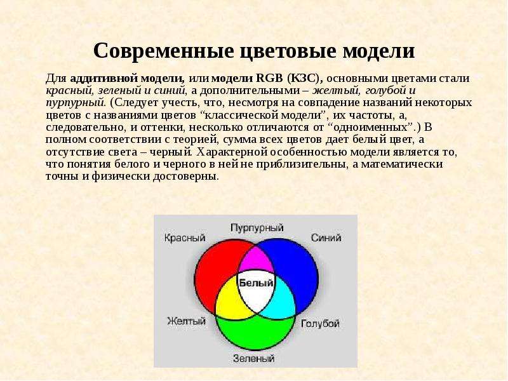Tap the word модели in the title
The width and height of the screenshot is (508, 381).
pyautogui.click(x=378, y=51)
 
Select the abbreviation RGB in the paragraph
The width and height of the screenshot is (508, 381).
pyautogui.click(x=269, y=78)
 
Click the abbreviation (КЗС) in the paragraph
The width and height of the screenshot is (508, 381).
pyautogui.click(x=305, y=78)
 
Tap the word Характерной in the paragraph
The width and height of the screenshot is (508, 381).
pyautogui.click(x=232, y=152)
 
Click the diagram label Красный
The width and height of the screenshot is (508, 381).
pyautogui.click(x=185, y=237)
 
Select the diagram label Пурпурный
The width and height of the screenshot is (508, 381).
pyautogui.click(x=257, y=228)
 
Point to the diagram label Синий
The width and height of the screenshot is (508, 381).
pyautogui.click(x=326, y=237)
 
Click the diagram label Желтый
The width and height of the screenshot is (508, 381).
pyautogui.click(x=186, y=321)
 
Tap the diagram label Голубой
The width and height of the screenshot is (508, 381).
pyautogui.click(x=320, y=323)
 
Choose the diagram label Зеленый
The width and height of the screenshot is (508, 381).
pyautogui.click(x=253, y=358)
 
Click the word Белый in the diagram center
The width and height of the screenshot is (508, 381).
pyautogui.click(x=256, y=283)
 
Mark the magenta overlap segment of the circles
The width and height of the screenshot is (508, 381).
pyautogui.click(x=256, y=259)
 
